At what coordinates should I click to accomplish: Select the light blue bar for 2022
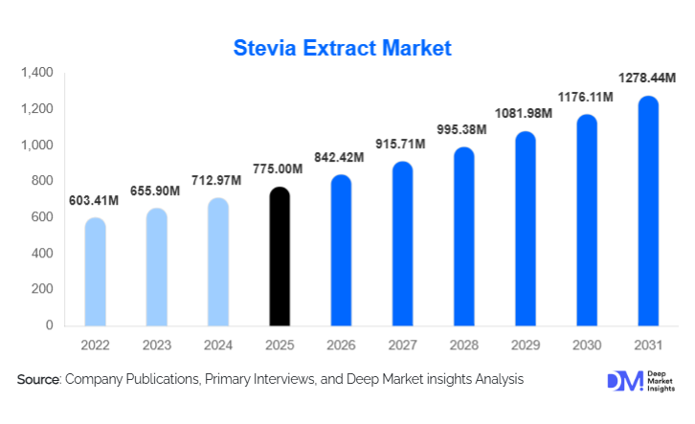pos(95,272)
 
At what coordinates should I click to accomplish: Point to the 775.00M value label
pos(279,169)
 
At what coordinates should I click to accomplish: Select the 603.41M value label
pos(95,200)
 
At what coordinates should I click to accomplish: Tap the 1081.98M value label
pos(524,113)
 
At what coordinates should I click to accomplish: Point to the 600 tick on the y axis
pos(42,217)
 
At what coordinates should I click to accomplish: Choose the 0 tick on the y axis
pos(50,325)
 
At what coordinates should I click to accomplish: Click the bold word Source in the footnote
pos(38,380)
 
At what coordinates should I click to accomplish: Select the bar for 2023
pos(156,267)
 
